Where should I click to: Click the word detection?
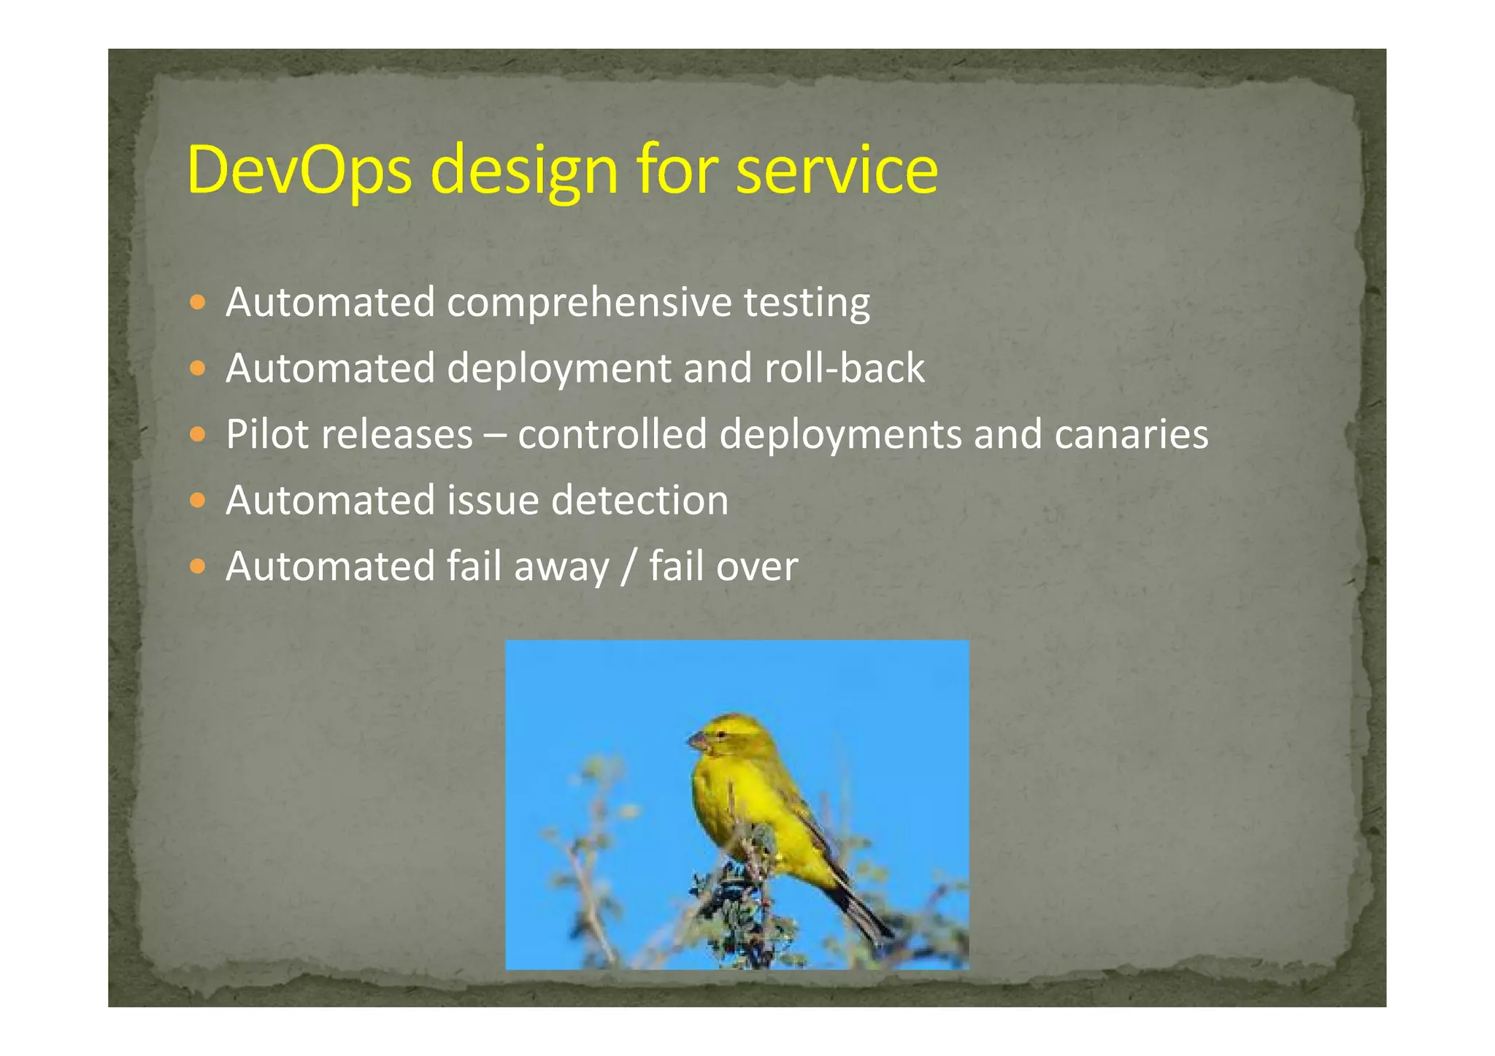[639, 500]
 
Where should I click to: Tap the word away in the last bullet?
[561, 568]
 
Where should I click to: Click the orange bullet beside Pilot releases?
[197, 434]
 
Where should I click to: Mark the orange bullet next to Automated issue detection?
[197, 500]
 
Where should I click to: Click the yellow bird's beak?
[697, 742]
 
